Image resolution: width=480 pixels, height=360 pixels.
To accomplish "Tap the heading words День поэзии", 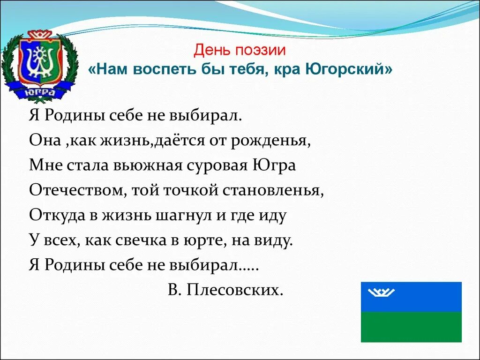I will tap(240, 50).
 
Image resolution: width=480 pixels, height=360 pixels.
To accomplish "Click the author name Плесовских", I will tap(235, 290).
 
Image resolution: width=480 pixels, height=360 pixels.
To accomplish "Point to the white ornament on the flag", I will tap(382, 292).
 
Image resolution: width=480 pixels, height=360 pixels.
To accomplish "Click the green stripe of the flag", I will tap(411, 327).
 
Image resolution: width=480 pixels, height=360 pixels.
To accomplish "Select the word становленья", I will tap(278, 190).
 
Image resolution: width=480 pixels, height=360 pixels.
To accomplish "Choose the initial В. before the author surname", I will tap(174, 290).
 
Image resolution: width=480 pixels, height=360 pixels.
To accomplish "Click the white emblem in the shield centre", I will tap(40, 62).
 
